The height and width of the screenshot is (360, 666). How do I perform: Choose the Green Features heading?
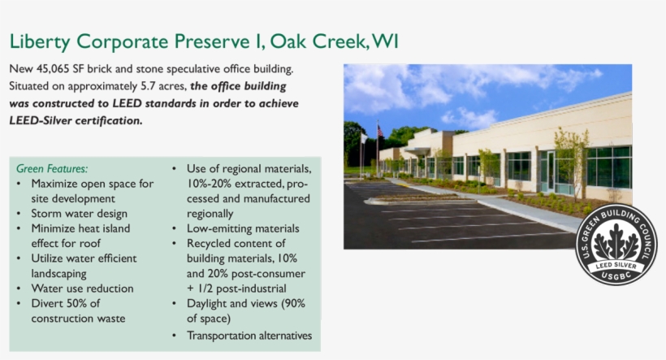pyautogui.click(x=52, y=168)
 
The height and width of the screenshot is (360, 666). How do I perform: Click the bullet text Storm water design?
pyautogui.click(x=79, y=214)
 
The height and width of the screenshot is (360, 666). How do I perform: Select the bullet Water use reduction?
pyautogui.click(x=82, y=288)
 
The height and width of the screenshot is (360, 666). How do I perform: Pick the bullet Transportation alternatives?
pyautogui.click(x=249, y=336)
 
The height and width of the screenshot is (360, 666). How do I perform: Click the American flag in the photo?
pyautogui.click(x=379, y=131)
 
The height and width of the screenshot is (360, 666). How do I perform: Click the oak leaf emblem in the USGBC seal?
pyautogui.click(x=616, y=242)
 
